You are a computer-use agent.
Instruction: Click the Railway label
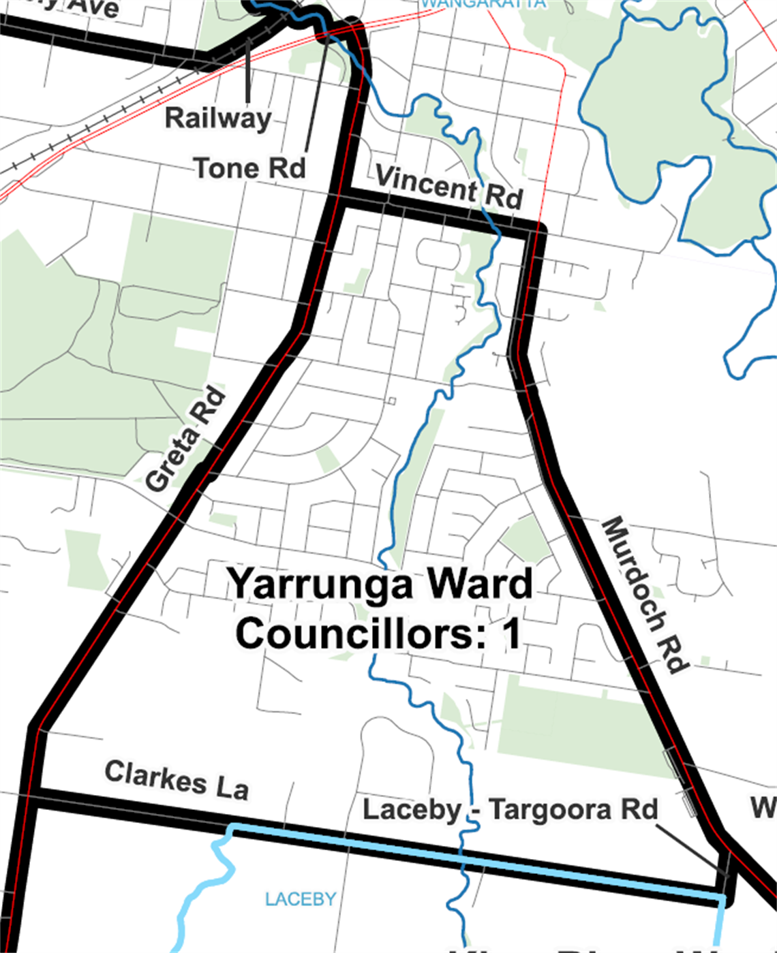point(217,118)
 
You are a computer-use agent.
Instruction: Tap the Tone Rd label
point(249,168)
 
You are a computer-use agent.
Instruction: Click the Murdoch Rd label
point(644,595)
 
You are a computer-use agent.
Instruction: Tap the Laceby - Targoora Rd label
point(510,810)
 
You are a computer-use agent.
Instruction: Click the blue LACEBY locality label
point(301,899)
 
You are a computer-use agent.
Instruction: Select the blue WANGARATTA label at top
point(483,3)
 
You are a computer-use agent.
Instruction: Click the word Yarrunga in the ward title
point(319,584)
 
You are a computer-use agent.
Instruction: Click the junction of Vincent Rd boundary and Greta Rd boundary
point(340,198)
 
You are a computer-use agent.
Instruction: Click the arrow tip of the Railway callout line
point(249,37)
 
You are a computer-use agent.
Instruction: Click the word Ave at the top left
point(95,7)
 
